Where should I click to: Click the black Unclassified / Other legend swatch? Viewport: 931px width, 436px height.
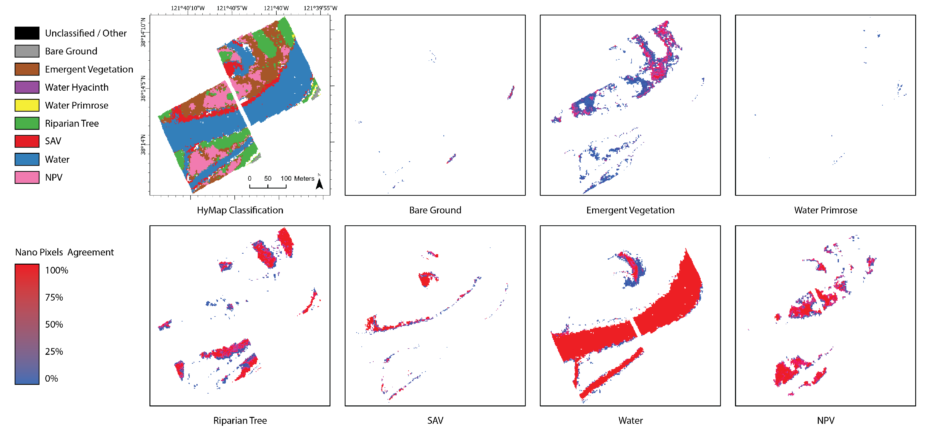click(x=27, y=33)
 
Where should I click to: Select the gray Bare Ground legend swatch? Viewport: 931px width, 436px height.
click(x=27, y=51)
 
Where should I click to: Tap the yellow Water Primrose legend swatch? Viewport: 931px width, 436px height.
click(x=27, y=105)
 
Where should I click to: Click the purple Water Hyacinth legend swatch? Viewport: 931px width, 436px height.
click(x=27, y=87)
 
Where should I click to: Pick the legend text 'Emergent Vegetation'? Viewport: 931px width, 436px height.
click(x=89, y=69)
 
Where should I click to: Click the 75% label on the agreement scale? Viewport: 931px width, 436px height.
click(x=54, y=297)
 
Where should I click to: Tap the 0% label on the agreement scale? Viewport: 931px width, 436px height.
click(x=51, y=379)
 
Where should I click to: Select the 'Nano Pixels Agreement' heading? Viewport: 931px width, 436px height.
click(x=64, y=252)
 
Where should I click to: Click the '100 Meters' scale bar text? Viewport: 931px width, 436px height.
click(x=297, y=178)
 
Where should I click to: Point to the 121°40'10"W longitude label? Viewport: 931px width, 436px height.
click(x=188, y=8)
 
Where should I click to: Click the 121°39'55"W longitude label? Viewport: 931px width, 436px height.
click(x=320, y=8)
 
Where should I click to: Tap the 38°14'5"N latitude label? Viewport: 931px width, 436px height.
click(x=143, y=89)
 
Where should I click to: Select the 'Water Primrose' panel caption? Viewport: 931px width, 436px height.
click(x=825, y=210)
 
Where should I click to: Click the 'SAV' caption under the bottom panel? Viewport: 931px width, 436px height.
click(x=435, y=420)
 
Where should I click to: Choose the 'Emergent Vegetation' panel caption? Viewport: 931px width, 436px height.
click(x=630, y=210)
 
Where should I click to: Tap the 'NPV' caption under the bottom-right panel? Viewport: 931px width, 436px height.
click(x=825, y=420)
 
